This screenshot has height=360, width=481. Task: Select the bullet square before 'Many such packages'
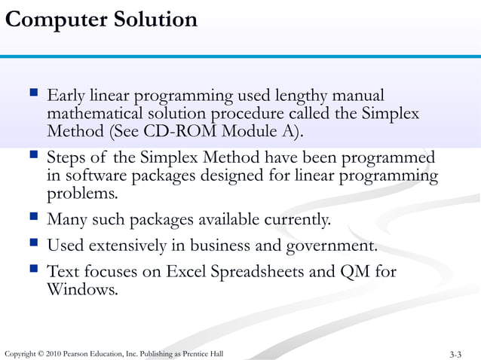pyautogui.click(x=32, y=219)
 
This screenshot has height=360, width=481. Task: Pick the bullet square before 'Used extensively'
pyautogui.click(x=32, y=245)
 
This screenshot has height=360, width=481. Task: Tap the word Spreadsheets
pyautogui.click(x=265, y=271)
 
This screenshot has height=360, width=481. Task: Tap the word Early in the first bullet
pyautogui.click(x=66, y=96)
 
